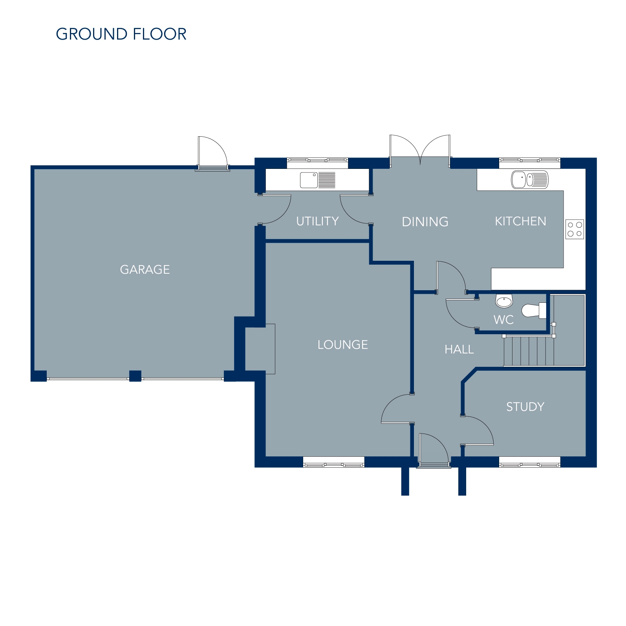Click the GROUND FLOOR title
point(121,34)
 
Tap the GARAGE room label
point(145,269)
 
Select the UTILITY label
point(317,221)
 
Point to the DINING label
point(425,222)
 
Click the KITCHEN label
point(520,221)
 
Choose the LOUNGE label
point(342,345)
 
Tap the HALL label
point(459,349)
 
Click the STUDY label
point(525,406)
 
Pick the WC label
point(503,320)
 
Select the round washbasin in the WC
point(504,301)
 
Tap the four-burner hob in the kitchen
point(575,229)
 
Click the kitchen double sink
point(529,179)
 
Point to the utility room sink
point(318,180)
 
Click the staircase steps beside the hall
point(529,351)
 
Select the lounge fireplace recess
point(260,349)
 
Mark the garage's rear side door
point(212,153)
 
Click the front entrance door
point(434,450)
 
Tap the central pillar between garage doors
point(135,376)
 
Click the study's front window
point(529,462)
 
